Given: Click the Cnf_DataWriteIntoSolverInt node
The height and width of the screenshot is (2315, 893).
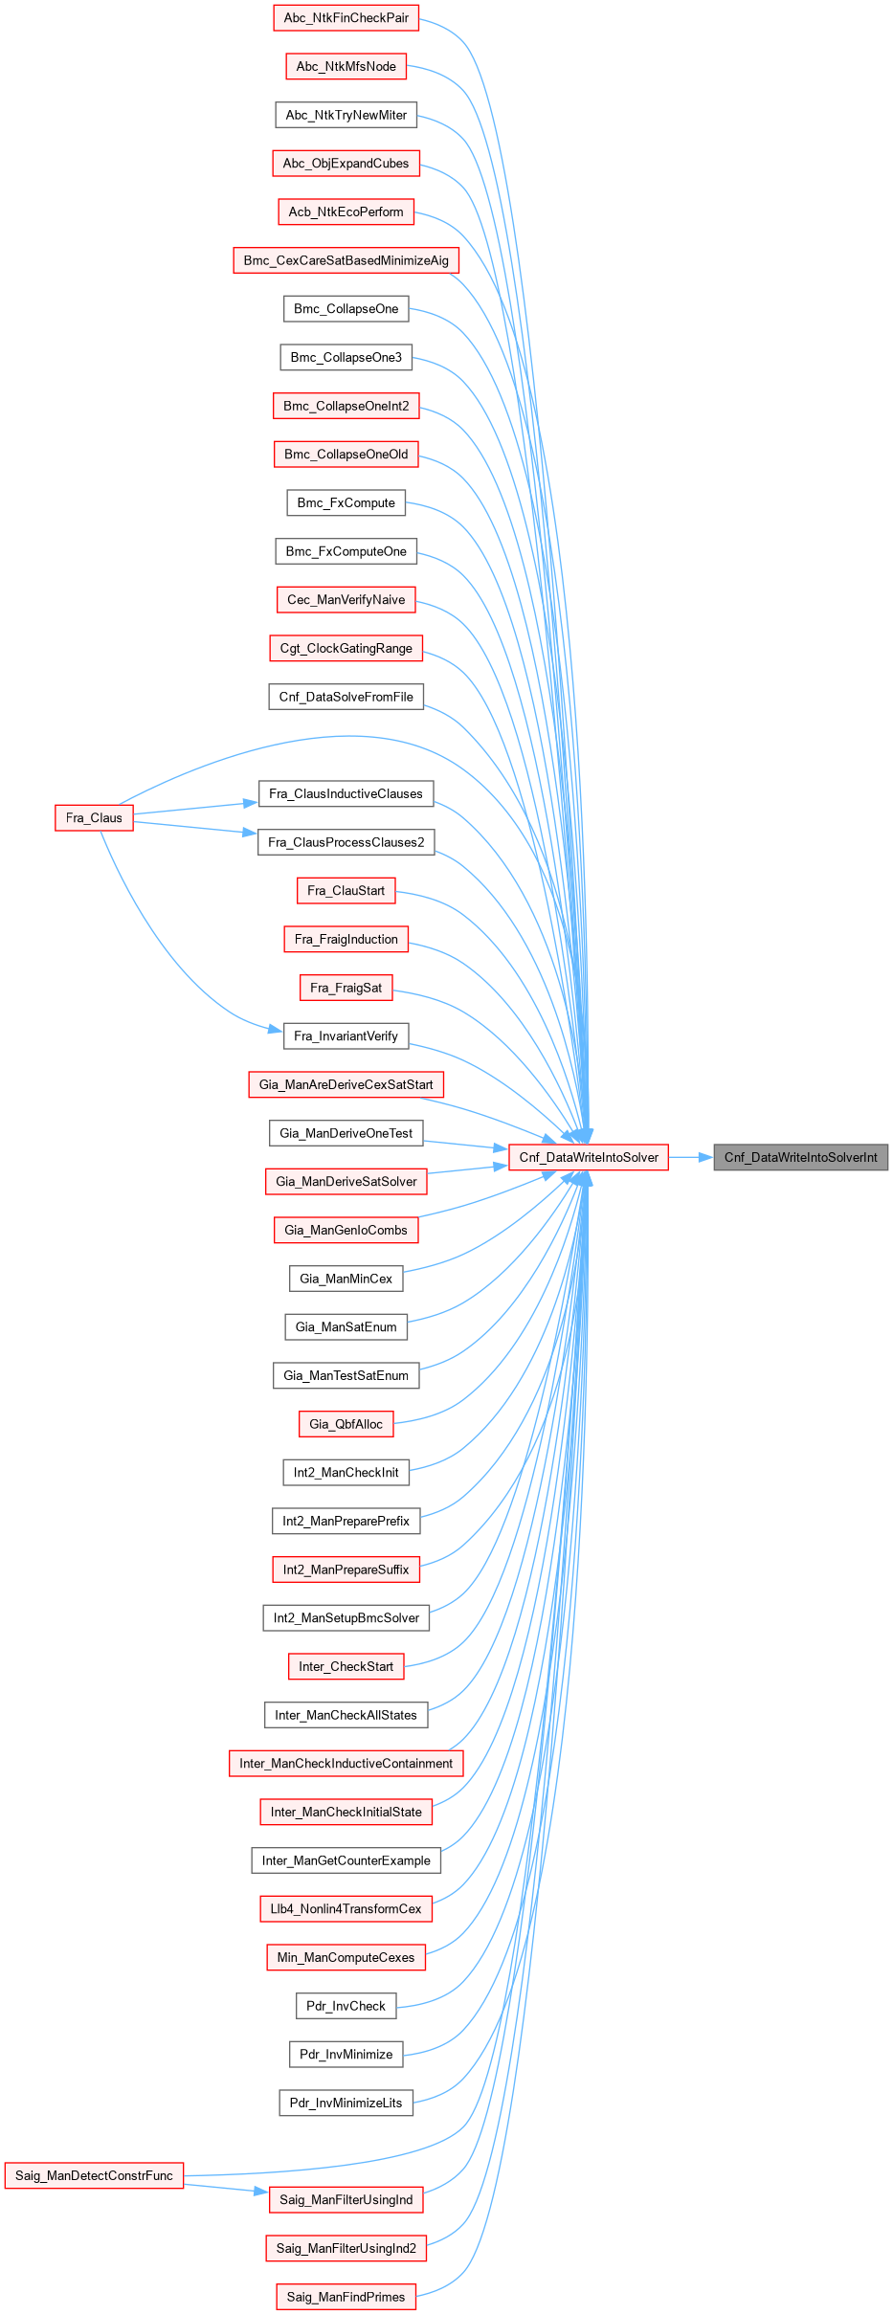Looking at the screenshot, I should pos(800,1157).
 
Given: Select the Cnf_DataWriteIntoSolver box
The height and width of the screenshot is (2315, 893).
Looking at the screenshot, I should pos(589,1157).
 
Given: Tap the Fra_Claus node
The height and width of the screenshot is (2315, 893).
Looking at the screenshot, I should pos(94,818).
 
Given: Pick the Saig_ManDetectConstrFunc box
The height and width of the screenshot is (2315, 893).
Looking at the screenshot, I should pos(94,2175).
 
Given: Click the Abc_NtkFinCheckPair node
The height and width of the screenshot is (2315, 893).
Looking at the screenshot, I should pos(346,18).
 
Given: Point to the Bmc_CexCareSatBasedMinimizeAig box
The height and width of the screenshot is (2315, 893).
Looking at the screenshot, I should pos(346,260).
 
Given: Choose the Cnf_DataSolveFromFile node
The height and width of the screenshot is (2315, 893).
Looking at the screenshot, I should pos(346,697).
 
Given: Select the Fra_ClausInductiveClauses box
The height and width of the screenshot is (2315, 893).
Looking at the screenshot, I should pos(346,793).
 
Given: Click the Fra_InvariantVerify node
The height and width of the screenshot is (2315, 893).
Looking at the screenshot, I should pos(346,1036).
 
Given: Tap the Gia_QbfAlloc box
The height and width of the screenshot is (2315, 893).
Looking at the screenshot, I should pos(346,1424).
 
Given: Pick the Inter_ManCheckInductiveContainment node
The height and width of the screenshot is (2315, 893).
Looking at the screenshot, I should pos(346,1763).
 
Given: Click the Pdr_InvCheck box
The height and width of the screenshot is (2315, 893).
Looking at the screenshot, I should pos(346,2006).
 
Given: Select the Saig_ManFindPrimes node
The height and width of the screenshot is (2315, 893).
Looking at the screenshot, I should pos(346,2297).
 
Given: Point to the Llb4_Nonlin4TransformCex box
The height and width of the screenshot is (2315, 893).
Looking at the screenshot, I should pos(346,1908).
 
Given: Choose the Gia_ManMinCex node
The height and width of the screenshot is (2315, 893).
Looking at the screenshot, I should pos(346,1279).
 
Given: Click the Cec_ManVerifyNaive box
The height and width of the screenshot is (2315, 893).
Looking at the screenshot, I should pos(346,600).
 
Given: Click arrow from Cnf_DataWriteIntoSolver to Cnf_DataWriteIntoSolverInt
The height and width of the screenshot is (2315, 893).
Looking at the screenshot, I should pos(691,1157).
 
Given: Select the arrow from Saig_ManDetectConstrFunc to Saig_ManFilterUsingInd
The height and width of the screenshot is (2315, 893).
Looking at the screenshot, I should pos(226,2188).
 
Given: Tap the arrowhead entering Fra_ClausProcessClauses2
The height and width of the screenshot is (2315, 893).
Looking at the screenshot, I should pos(251,834).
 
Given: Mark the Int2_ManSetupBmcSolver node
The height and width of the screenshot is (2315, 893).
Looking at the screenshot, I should pos(346,1618).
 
